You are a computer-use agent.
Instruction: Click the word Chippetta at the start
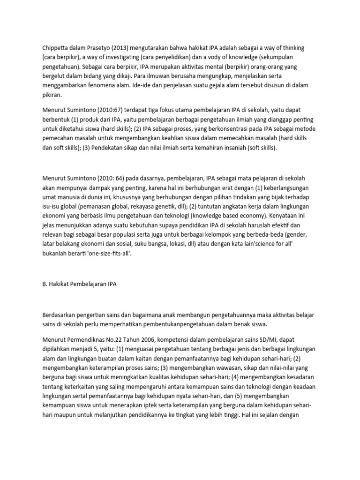tap(53, 48)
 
